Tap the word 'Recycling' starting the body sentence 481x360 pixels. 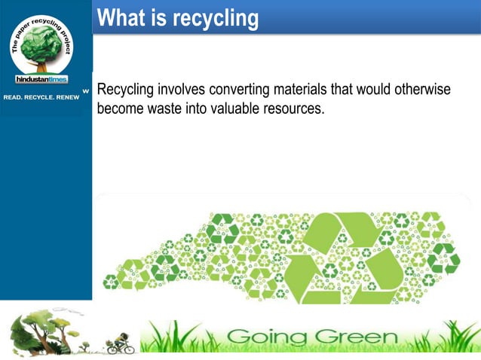click(x=126, y=90)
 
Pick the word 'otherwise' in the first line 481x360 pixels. click(x=421, y=90)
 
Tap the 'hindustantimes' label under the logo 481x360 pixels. click(x=41, y=79)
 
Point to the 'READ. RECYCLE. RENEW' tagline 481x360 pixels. click(x=41, y=97)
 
